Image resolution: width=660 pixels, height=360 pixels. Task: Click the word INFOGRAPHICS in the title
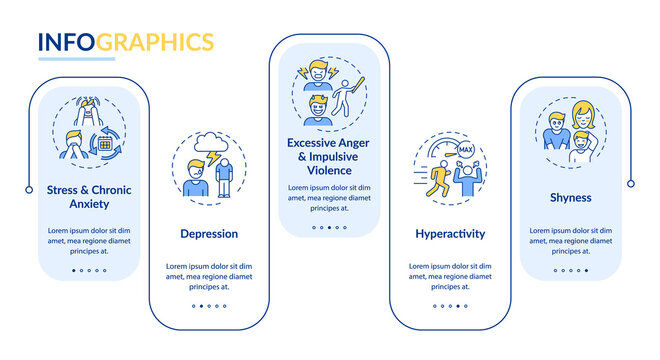pyautogui.click(x=125, y=41)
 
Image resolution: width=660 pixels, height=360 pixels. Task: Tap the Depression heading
pyautogui.click(x=209, y=234)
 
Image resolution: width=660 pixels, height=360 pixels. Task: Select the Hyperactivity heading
pyautogui.click(x=450, y=234)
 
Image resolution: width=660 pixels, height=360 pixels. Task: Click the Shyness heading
pyautogui.click(x=570, y=198)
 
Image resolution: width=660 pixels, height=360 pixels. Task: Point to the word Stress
pyautogui.click(x=66, y=190)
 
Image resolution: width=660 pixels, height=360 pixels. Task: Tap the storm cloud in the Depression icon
pyautogui.click(x=210, y=141)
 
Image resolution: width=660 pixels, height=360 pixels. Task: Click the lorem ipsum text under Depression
pyautogui.click(x=209, y=275)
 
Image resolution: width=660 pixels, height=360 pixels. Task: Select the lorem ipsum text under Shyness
pyautogui.click(x=570, y=239)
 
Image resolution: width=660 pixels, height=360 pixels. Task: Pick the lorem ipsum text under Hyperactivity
pyautogui.click(x=450, y=275)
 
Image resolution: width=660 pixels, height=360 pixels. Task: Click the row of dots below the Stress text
pyautogui.click(x=89, y=270)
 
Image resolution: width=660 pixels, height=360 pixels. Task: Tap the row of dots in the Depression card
pyautogui.click(x=209, y=306)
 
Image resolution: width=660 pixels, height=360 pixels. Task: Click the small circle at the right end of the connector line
pyautogui.click(x=631, y=183)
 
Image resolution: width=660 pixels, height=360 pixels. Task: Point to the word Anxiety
pyautogui.click(x=89, y=205)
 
